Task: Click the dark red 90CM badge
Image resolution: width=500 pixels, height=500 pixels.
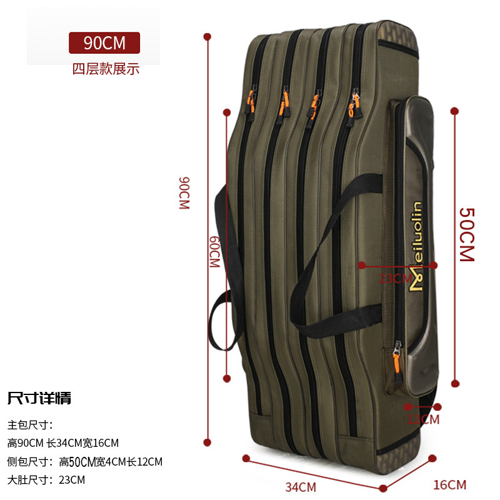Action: pos(104,43)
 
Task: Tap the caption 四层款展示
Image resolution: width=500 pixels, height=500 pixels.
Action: pos(106,69)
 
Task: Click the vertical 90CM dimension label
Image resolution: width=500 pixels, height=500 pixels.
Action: pos(184,192)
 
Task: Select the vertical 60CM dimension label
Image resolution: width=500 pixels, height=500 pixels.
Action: pos(214,252)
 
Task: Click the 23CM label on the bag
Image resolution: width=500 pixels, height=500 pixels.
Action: pos(396,278)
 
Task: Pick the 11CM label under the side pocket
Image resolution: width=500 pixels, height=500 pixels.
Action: pos(423,419)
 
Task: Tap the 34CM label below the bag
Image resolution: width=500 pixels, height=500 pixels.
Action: pos(301,486)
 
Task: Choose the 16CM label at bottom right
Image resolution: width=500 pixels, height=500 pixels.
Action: pos(449,484)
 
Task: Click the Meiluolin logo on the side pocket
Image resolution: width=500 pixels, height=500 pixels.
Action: pos(415,247)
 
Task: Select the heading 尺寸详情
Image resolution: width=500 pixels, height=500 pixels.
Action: pos(39,397)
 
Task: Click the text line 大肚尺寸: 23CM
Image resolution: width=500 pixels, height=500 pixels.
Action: pos(46,480)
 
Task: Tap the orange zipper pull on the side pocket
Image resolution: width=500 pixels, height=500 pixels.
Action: pos(396,359)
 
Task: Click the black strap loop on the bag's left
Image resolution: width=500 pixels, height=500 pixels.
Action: pos(222,312)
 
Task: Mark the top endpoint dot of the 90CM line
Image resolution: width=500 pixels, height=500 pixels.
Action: pos(207,36)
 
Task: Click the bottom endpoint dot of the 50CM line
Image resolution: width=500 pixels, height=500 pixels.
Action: pos(455,384)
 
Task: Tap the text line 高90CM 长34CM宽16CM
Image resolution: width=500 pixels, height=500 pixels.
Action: pos(63,443)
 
